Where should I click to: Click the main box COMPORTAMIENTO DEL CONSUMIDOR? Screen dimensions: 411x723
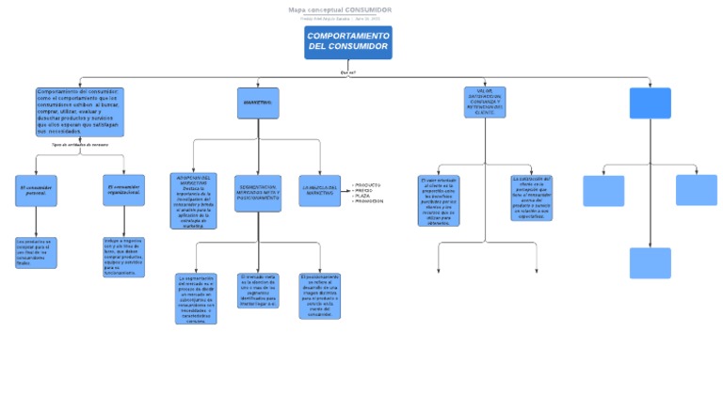347,42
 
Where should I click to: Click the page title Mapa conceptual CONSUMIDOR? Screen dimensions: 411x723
340,10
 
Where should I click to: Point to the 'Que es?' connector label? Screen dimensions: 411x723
347,71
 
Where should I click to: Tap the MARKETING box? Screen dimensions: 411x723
258,103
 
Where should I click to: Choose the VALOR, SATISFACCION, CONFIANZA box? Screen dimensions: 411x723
485,102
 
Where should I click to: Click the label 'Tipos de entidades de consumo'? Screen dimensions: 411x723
79,145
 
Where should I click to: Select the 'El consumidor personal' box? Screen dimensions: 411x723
36,191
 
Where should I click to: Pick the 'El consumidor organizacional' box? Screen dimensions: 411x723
123,191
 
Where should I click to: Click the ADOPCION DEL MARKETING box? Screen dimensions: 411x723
193,200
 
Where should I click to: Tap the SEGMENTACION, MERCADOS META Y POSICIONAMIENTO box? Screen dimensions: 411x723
258,193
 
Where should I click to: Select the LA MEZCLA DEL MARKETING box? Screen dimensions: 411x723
319,190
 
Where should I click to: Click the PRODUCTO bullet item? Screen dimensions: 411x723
367,184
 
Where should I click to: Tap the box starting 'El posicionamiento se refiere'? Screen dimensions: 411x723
319,295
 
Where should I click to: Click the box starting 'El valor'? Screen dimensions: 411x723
438,200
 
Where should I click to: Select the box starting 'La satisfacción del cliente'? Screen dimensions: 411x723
532,198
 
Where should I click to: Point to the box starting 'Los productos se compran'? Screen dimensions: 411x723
36,252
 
